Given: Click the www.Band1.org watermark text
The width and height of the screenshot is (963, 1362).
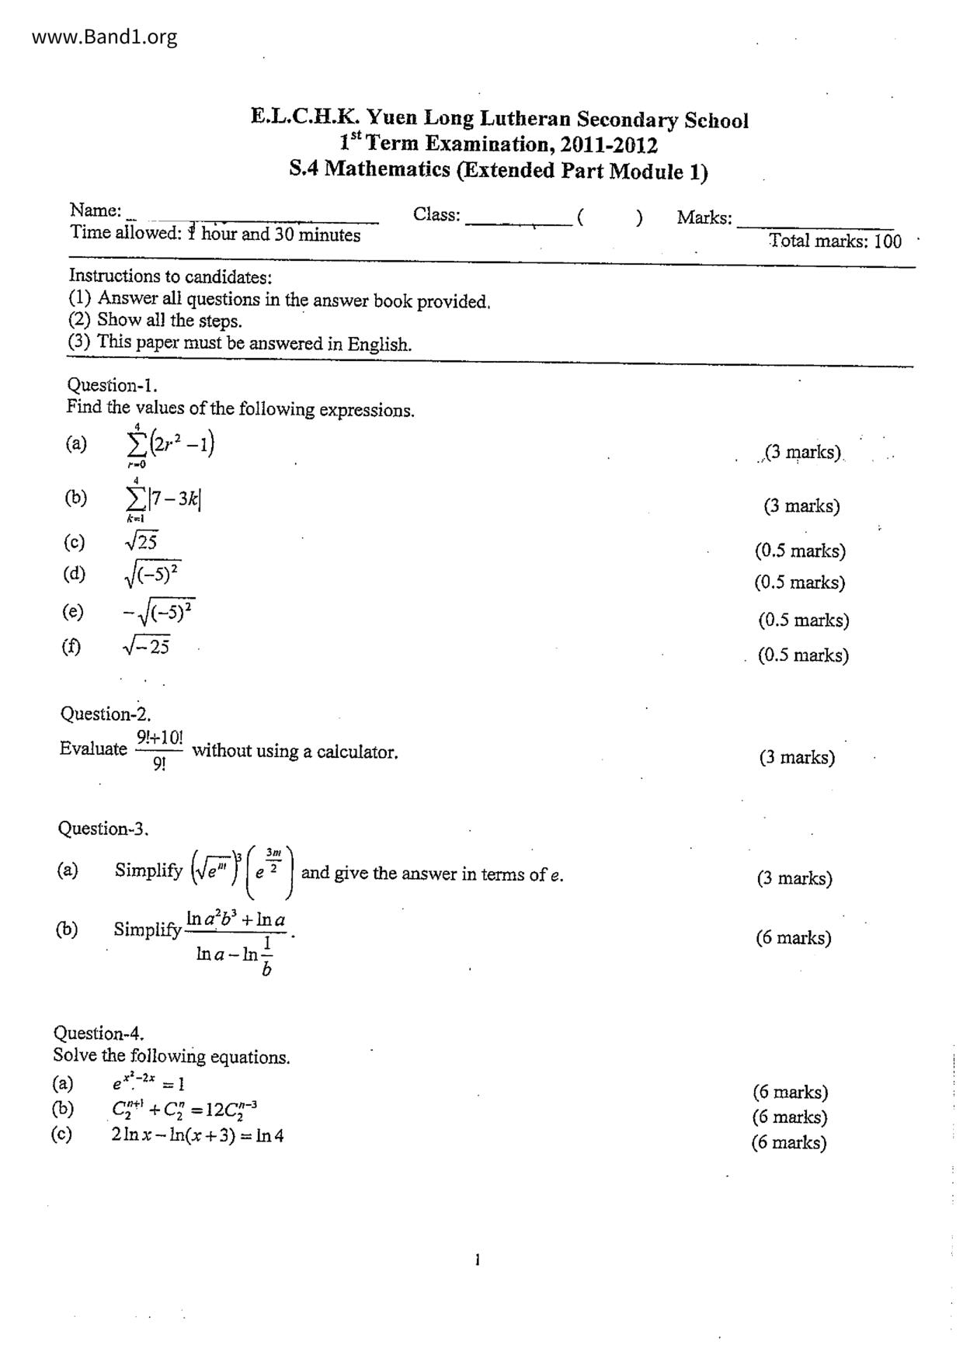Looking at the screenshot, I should tap(105, 36).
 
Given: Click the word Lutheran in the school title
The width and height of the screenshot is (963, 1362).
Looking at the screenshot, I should tap(525, 119).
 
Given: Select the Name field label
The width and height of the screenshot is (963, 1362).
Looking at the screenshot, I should tap(95, 210).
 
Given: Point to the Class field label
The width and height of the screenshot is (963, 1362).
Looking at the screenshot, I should tap(436, 215).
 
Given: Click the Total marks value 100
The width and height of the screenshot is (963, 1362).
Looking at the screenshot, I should tap(888, 241).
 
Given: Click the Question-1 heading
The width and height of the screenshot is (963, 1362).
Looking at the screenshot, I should tap(112, 385).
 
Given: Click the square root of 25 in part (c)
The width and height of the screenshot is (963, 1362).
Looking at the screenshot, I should tap(141, 541).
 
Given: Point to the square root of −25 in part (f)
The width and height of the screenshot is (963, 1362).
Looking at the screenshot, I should tap(146, 646).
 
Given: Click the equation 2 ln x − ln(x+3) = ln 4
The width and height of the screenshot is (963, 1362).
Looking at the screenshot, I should tap(198, 1135).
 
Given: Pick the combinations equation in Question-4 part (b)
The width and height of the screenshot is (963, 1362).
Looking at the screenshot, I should tap(185, 1109).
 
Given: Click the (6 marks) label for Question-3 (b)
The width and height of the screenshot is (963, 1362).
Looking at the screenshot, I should tap(793, 938).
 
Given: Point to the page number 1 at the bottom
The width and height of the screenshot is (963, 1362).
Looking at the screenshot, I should tap(477, 1260).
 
